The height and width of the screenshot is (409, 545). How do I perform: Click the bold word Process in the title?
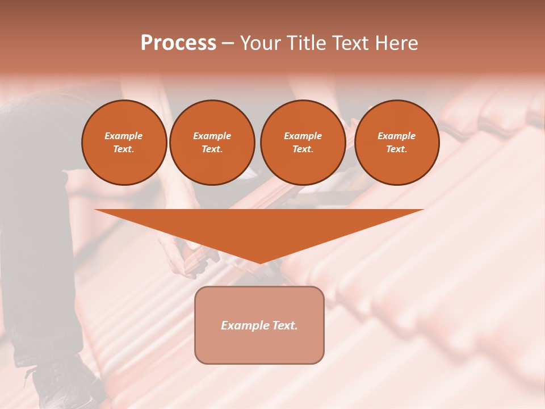pyautogui.click(x=178, y=43)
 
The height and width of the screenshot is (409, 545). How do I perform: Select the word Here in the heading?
pyautogui.click(x=396, y=43)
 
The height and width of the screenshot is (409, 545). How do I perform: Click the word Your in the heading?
pyautogui.click(x=261, y=43)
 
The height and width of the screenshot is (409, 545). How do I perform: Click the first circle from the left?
pyautogui.click(x=124, y=143)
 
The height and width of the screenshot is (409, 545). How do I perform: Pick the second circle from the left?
pyautogui.click(x=212, y=143)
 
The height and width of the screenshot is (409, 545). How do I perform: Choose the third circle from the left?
pyautogui.click(x=303, y=143)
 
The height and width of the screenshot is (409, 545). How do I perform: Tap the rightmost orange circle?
pyautogui.click(x=396, y=143)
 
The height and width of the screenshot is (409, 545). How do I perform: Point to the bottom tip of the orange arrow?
pyautogui.click(x=259, y=262)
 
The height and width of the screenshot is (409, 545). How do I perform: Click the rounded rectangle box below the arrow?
pyautogui.click(x=259, y=347)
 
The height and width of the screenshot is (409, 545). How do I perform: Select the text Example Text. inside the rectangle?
pyautogui.click(x=259, y=325)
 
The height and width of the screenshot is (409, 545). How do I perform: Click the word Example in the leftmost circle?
pyautogui.click(x=124, y=136)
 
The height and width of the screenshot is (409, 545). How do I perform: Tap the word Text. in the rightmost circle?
pyautogui.click(x=396, y=149)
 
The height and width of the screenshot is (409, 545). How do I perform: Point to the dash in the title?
pyautogui.click(x=228, y=44)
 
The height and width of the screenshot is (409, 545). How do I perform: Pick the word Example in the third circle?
pyautogui.click(x=303, y=136)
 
